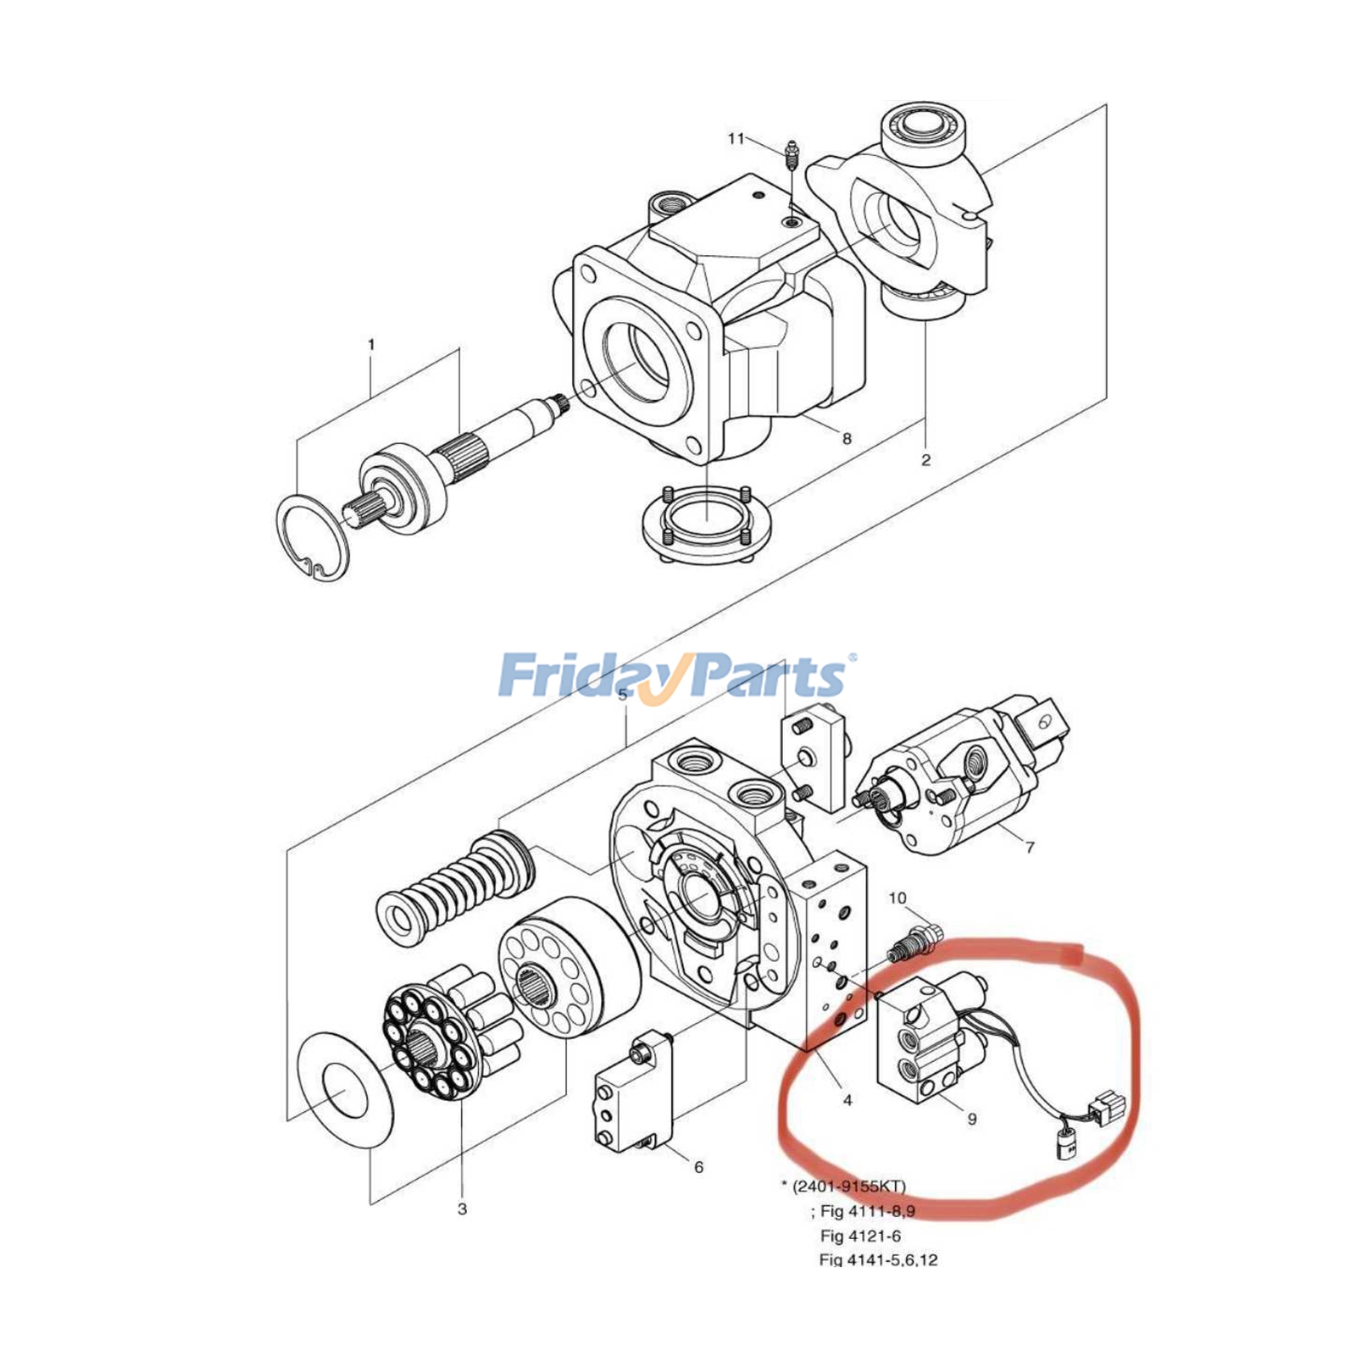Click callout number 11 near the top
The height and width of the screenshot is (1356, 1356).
(735, 138)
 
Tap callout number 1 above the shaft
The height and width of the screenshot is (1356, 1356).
(371, 345)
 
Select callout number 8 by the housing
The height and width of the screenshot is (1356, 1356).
(846, 438)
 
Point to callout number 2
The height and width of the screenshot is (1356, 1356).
(925, 459)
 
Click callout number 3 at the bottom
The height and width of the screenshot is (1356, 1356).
(462, 1209)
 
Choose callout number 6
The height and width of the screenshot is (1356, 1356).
(698, 1167)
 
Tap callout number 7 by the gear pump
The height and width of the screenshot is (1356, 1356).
(1030, 847)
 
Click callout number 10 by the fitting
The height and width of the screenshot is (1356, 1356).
(898, 898)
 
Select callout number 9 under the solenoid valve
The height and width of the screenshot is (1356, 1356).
(972, 1119)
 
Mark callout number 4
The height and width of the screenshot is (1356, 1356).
(847, 1100)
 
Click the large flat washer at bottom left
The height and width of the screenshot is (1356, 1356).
(346, 1090)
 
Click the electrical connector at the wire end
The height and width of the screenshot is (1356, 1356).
(1107, 1104)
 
